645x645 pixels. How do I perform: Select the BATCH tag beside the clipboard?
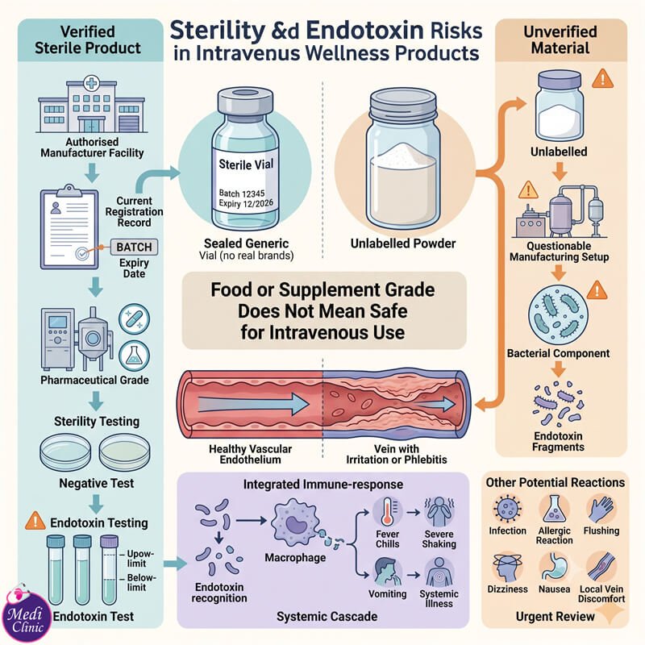134,248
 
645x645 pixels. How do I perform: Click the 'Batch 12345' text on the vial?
242,193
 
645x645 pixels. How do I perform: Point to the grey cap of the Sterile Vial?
245,101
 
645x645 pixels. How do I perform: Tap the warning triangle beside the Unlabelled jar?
602,78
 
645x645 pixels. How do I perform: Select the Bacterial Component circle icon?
558,315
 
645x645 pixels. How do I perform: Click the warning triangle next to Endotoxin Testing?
35,521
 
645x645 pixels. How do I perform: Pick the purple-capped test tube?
109,569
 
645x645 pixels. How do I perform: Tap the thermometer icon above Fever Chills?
387,512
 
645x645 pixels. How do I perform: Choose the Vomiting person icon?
387,572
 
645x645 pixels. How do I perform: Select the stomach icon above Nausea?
554,568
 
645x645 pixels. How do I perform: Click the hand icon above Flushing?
601,510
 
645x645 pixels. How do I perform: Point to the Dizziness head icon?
507,568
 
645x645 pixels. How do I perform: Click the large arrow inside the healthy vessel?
253,404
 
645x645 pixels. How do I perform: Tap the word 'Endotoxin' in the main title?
365,31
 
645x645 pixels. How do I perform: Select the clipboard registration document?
69,227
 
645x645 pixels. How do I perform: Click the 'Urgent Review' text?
555,616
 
